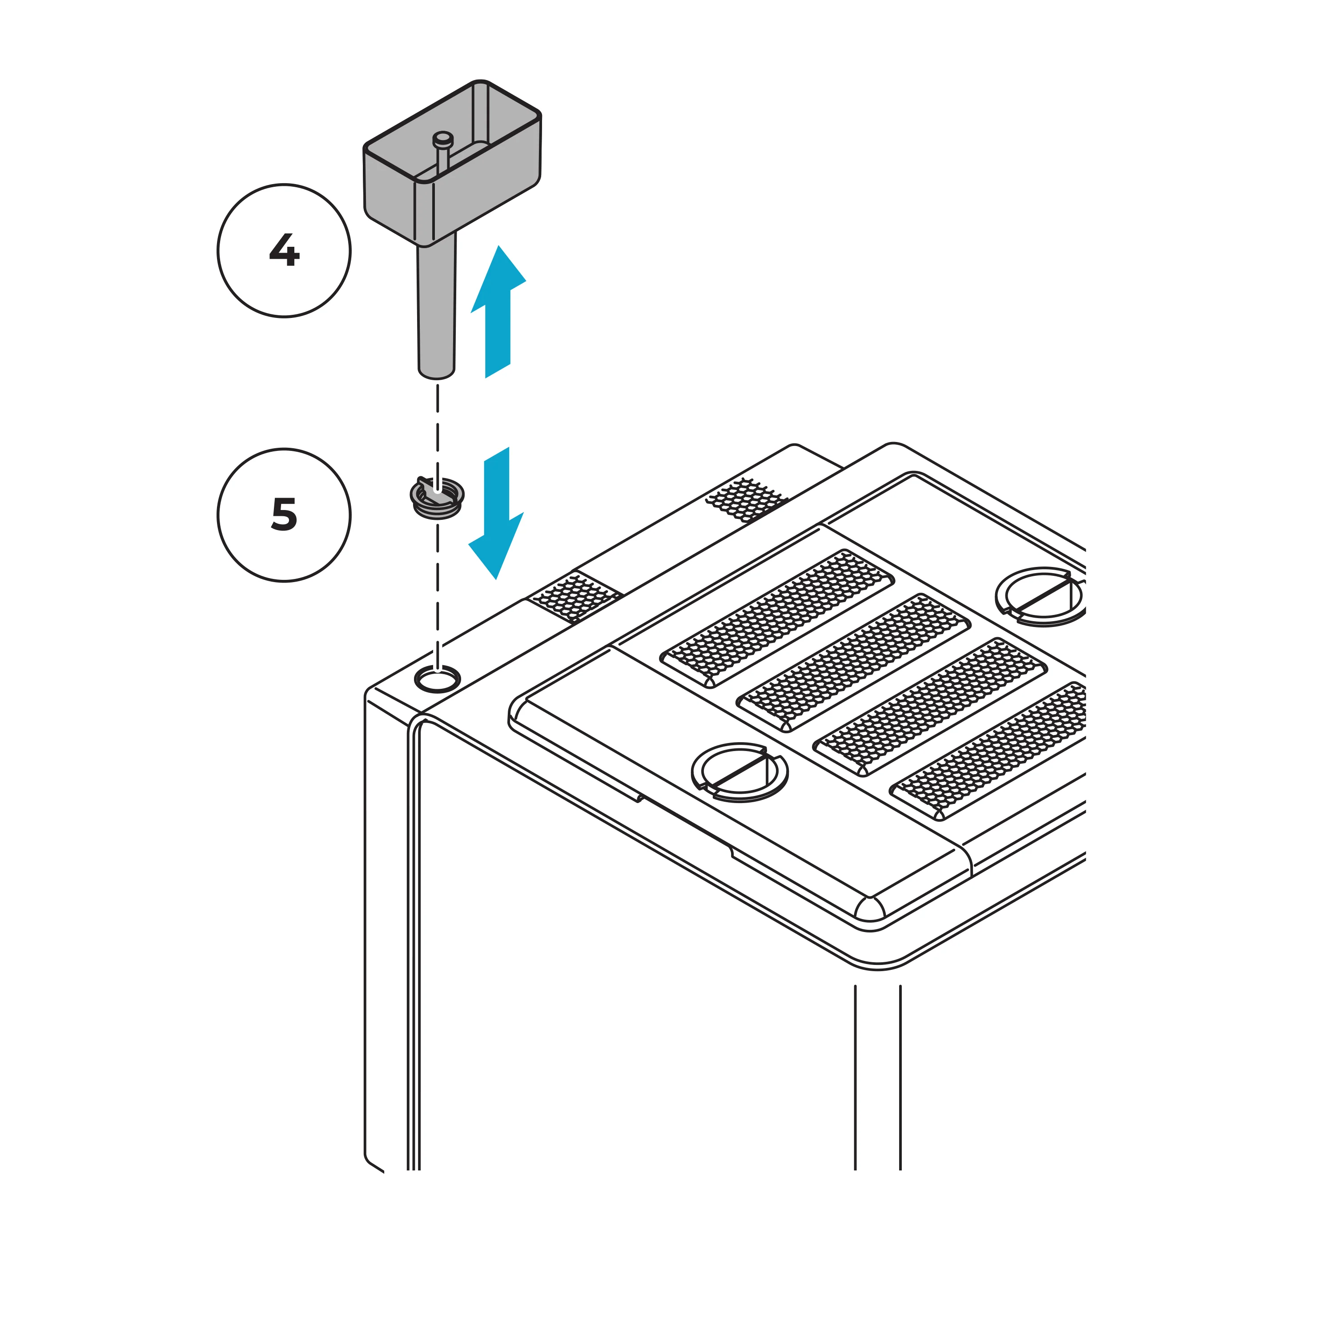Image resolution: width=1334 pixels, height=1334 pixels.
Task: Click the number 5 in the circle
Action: pyautogui.click(x=284, y=514)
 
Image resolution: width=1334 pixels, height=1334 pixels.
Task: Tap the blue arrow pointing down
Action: pyautogui.click(x=496, y=514)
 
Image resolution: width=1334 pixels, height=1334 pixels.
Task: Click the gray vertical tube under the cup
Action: pyautogui.click(x=436, y=304)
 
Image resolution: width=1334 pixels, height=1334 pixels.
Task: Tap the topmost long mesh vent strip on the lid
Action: pyautogui.click(x=777, y=619)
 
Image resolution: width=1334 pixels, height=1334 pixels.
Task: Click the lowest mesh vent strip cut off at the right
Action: pyautogui.click(x=994, y=750)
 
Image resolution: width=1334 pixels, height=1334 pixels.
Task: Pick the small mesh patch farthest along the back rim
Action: pyautogui.click(x=746, y=498)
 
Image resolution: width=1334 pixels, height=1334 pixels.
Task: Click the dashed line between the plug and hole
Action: pyautogui.click(x=437, y=594)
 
